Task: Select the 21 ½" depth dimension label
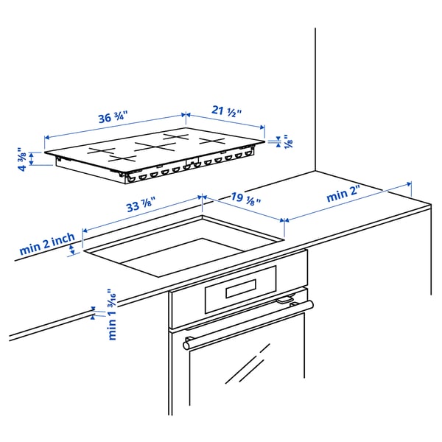click(x=228, y=111)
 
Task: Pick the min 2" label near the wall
click(x=345, y=195)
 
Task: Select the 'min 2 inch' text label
click(x=47, y=244)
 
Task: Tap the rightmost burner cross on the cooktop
click(x=208, y=140)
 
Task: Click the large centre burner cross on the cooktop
click(x=153, y=146)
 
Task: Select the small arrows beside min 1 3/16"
click(x=93, y=312)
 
